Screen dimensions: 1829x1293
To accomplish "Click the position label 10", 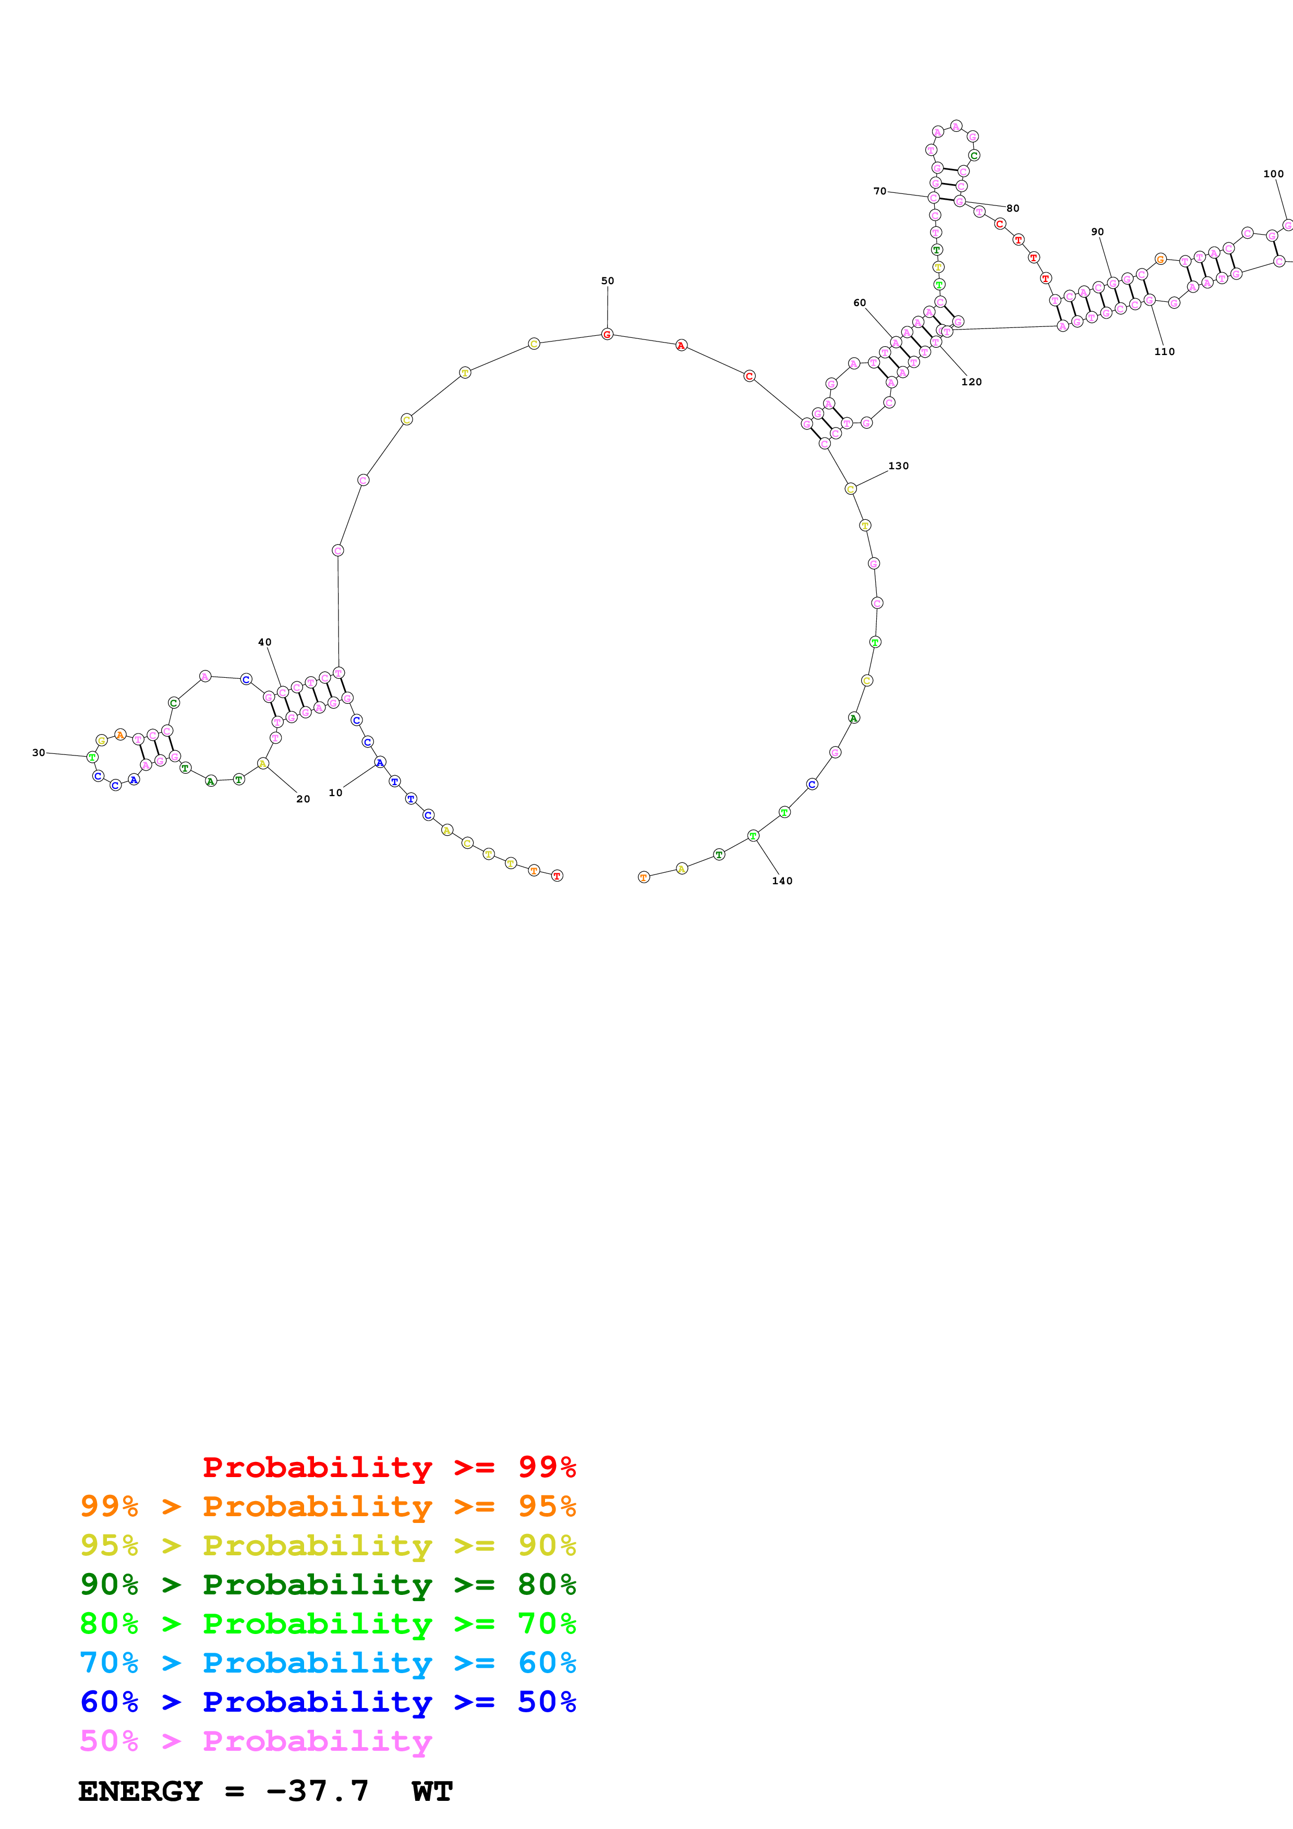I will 335,792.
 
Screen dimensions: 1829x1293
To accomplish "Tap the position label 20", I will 303,799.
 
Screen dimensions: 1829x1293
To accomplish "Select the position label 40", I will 264,642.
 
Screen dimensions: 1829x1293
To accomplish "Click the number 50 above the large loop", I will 607,281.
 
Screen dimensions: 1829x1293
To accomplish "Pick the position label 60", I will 859,303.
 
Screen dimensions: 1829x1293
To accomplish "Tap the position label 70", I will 879,191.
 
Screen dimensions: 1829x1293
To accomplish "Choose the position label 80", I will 1012,209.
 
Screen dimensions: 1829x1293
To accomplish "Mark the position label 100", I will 1273,174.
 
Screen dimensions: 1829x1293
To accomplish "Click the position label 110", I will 1164,351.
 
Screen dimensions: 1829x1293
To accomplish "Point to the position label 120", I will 971,382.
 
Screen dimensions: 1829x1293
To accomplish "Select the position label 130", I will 898,466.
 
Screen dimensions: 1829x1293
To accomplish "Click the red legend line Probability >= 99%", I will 389,1467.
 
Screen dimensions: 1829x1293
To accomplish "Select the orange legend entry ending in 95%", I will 328,1506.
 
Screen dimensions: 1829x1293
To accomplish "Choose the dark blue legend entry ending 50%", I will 328,1702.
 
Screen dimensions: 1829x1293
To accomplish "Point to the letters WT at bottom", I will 432,1791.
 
